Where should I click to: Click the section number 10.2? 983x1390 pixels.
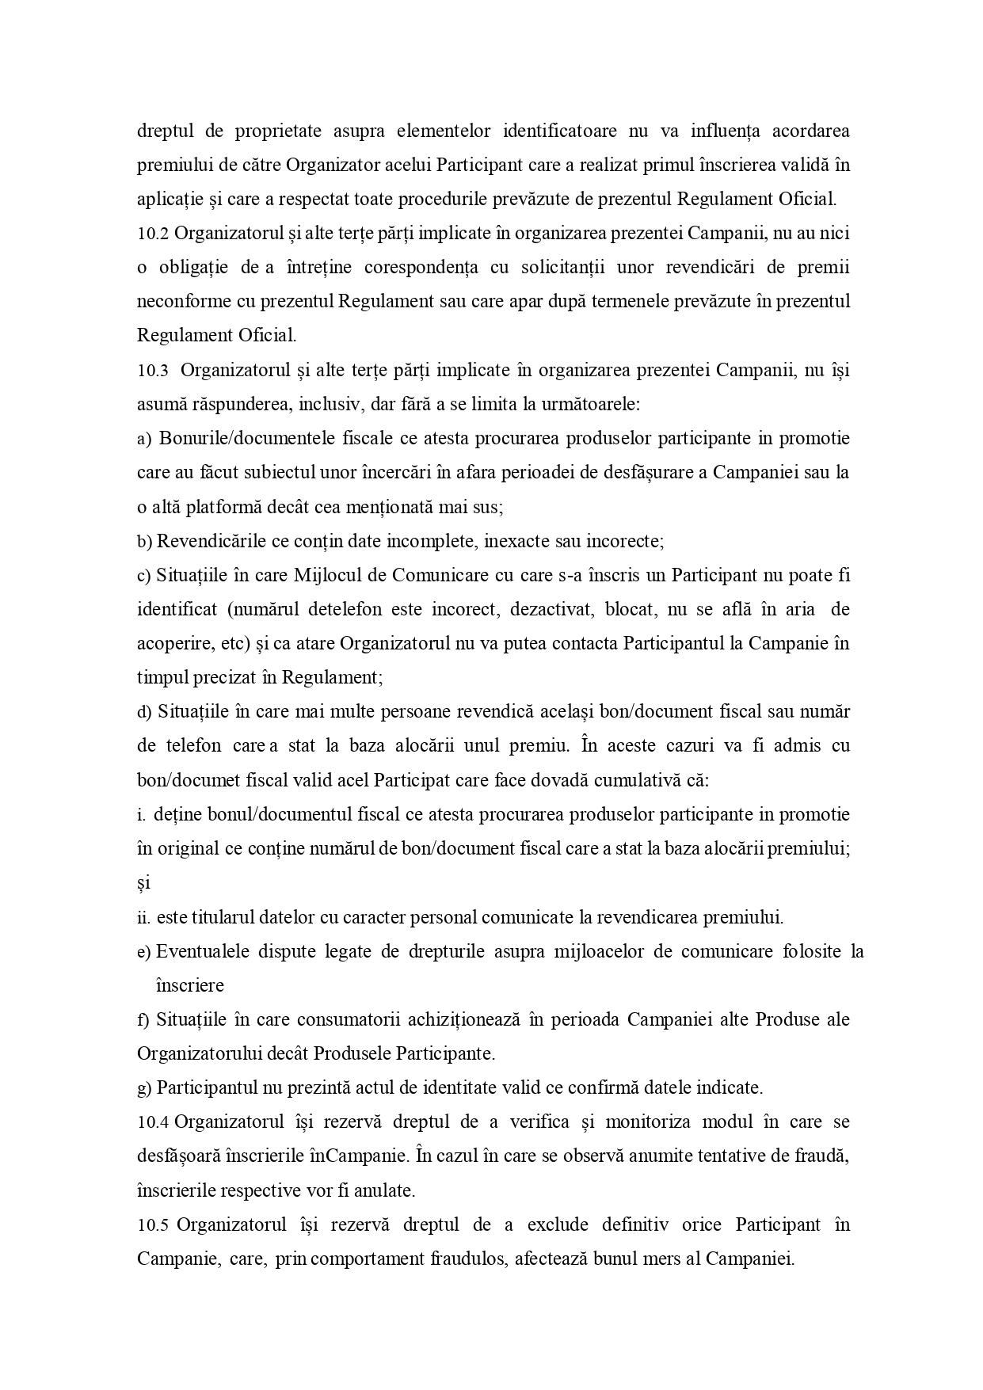(x=152, y=234)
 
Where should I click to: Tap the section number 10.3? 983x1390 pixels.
(x=152, y=371)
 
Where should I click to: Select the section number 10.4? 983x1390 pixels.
(x=152, y=1122)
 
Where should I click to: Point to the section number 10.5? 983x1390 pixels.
(x=152, y=1225)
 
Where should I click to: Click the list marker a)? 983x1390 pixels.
(x=143, y=439)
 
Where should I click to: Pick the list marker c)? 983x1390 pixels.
(x=143, y=576)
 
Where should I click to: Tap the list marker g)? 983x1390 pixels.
(x=143, y=1088)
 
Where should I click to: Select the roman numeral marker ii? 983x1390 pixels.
(x=143, y=918)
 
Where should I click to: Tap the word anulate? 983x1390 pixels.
(x=387, y=1190)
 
